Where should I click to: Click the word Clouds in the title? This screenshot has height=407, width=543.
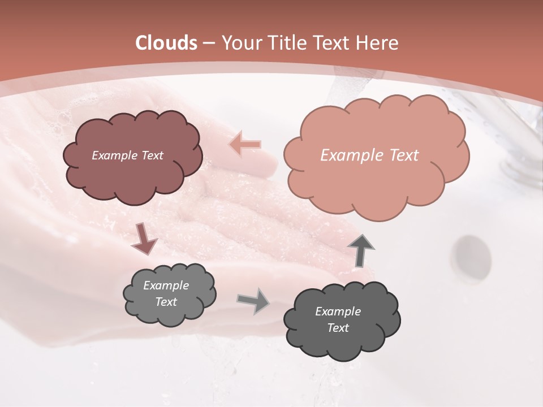pos(166,43)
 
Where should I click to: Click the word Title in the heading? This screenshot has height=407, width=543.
pos(287,43)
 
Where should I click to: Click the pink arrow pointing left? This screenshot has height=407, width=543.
pos(245,145)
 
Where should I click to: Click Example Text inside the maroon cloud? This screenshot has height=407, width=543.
pos(127,155)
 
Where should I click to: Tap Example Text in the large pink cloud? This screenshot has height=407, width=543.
pos(369,155)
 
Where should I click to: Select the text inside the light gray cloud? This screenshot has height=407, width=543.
pos(166,294)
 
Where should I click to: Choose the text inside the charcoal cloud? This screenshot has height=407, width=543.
pos(338,319)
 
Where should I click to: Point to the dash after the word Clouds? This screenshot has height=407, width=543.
pos(208,44)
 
